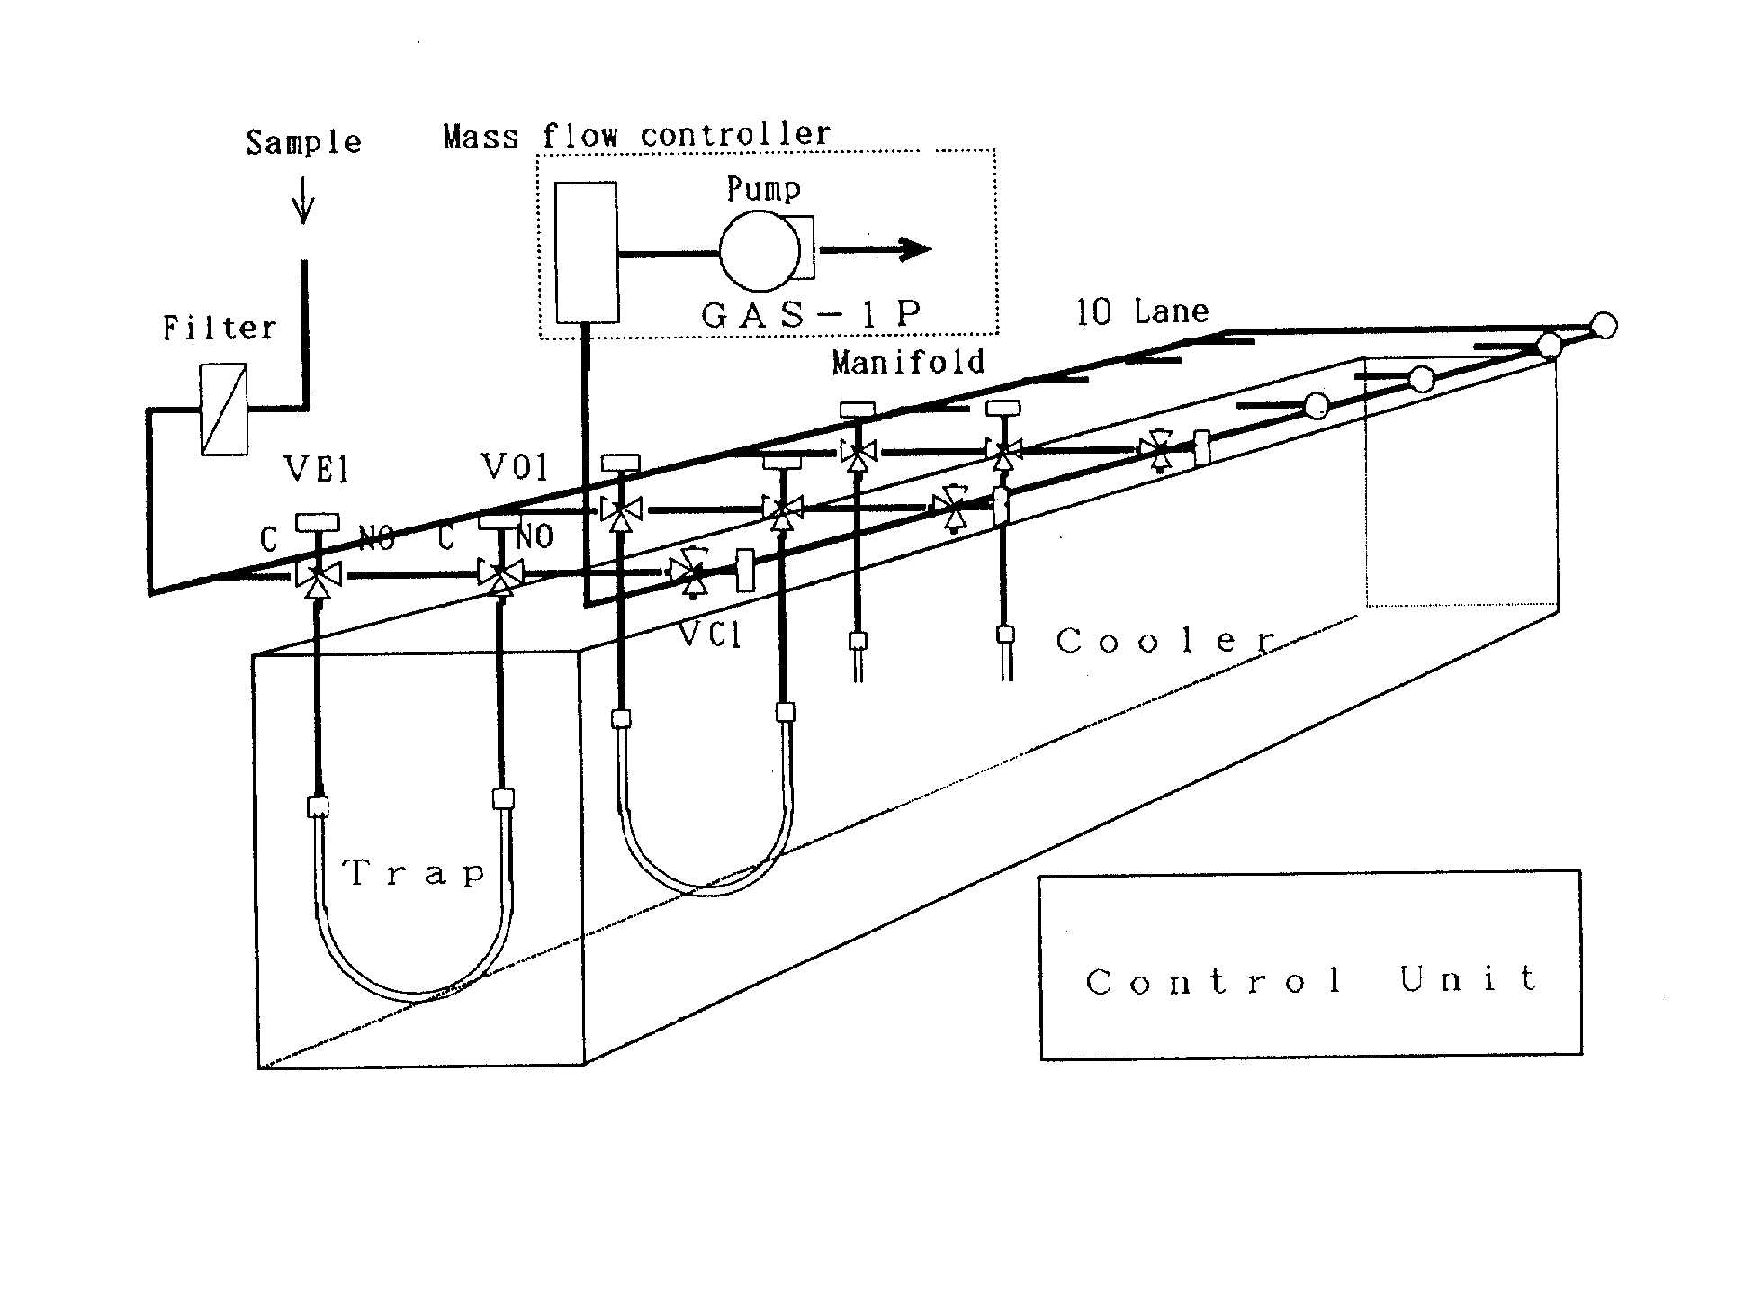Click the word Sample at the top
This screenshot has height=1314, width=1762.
coord(303,143)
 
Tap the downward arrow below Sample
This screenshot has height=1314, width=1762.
coord(303,202)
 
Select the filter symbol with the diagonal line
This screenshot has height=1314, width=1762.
coord(223,409)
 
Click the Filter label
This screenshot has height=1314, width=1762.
coord(220,328)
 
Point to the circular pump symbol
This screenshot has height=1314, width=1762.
coord(759,251)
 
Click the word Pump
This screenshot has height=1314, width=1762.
coord(763,189)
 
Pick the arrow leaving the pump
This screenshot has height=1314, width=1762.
coord(877,249)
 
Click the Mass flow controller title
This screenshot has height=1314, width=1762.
coord(636,136)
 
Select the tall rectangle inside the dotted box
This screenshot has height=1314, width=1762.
coord(587,252)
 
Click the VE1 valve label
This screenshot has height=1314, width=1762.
coord(316,469)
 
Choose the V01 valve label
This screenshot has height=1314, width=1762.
coord(514,467)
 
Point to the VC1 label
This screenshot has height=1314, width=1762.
coord(710,635)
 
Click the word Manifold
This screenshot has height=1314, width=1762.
coord(907,363)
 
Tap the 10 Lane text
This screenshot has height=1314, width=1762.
coord(1142,312)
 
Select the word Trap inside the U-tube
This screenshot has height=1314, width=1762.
coord(415,872)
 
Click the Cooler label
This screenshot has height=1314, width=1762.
coord(1166,641)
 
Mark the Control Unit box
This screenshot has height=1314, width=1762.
coord(1310,964)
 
